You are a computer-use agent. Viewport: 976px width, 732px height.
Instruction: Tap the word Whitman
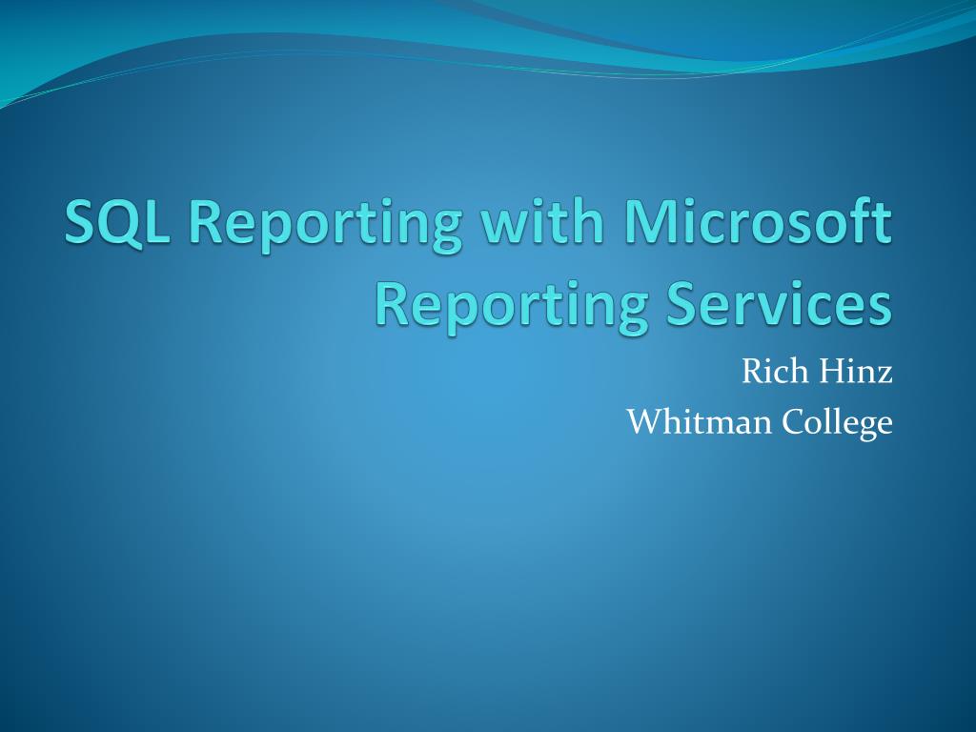(699, 420)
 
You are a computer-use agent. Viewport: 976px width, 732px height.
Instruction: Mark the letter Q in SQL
(118, 223)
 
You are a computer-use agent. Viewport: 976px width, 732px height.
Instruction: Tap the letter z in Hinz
(884, 373)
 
